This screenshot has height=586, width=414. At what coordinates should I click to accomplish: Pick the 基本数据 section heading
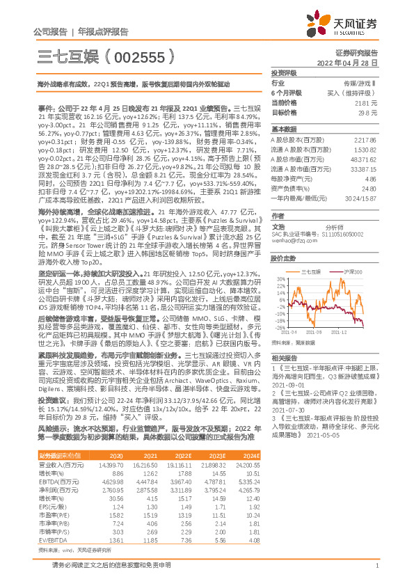click(282, 129)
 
